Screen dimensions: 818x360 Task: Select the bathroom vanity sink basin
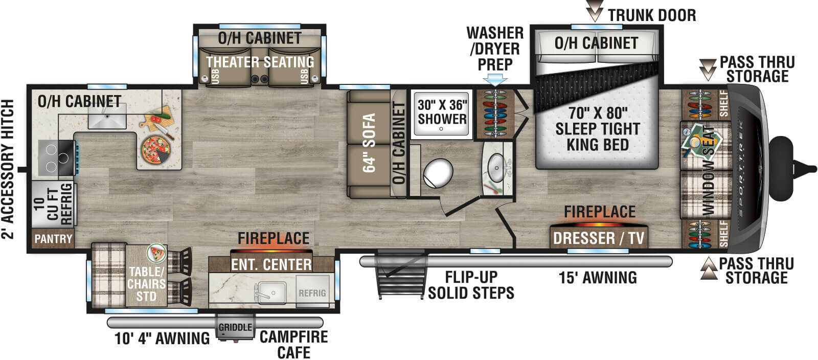click(496, 168)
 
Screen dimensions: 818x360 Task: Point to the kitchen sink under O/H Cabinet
click(107, 116)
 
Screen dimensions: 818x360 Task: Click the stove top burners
click(57, 157)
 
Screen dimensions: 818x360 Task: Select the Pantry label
click(53, 239)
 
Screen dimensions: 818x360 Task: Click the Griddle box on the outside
click(235, 327)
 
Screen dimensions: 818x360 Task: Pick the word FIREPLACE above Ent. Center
click(274, 238)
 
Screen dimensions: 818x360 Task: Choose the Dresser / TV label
click(599, 238)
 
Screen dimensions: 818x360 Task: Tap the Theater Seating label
click(260, 62)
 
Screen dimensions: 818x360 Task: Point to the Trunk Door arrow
click(595, 11)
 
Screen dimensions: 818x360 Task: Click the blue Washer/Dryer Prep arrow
click(495, 80)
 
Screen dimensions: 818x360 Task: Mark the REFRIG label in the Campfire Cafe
click(312, 293)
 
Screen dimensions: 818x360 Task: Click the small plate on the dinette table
click(156, 253)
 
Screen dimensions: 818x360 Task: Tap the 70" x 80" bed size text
click(598, 113)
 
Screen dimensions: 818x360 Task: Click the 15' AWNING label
click(598, 278)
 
